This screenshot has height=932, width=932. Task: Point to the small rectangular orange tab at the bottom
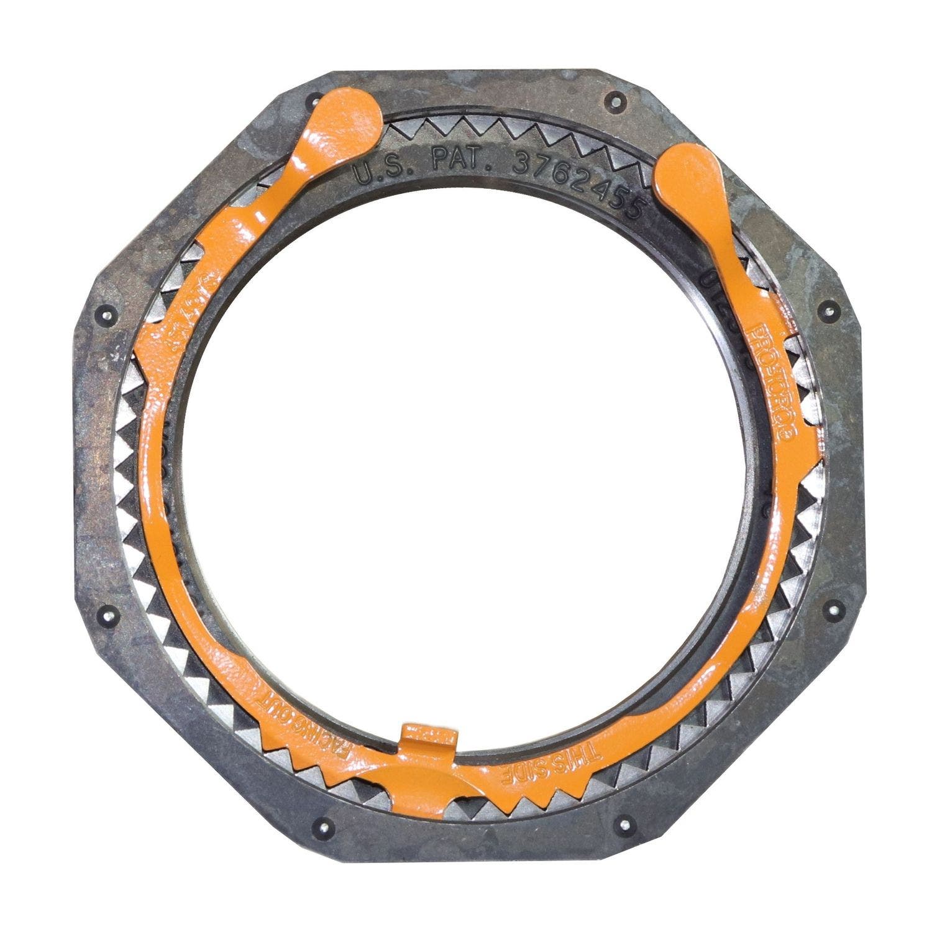[x=429, y=735]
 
